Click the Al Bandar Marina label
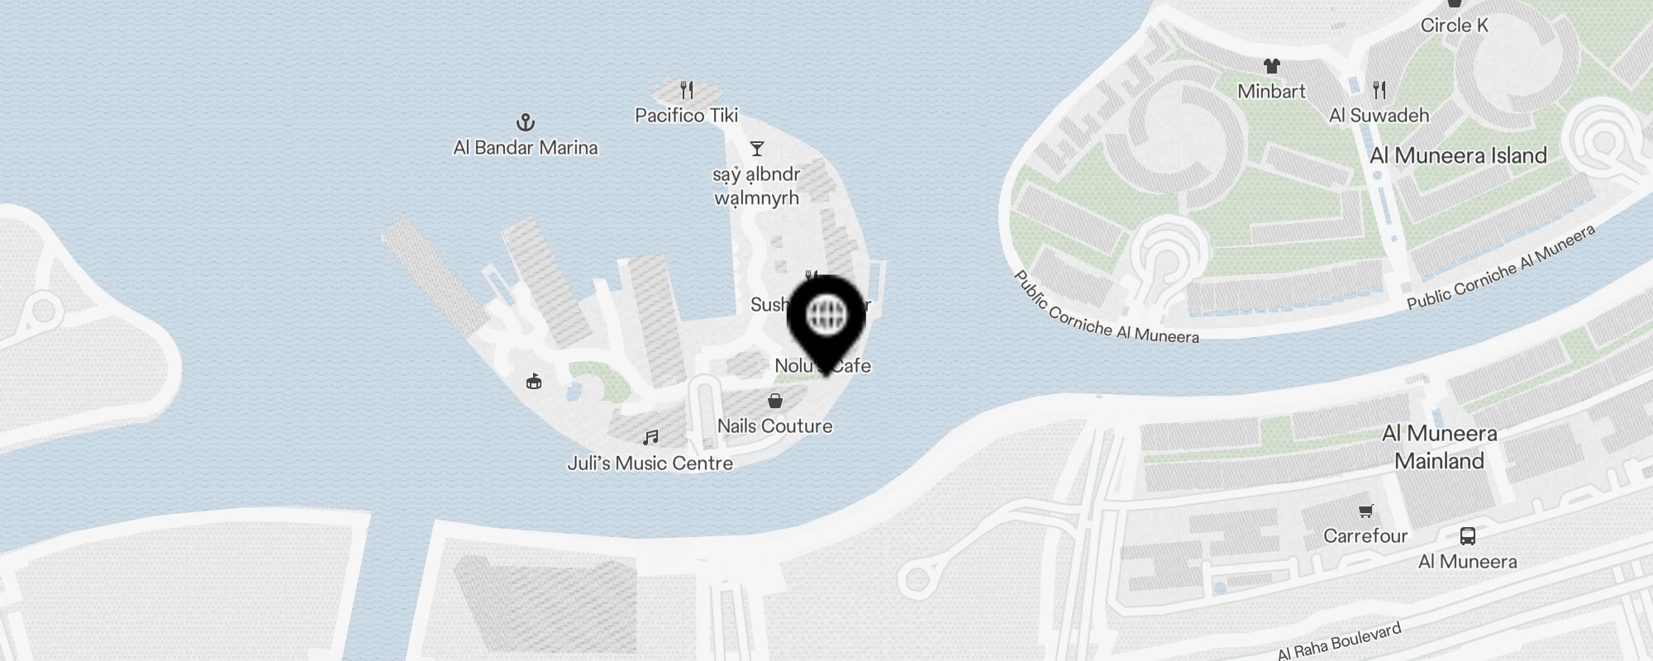pos(526,148)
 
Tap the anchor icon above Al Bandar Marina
pos(526,123)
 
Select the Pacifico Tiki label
pos(686,116)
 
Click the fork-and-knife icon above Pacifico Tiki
pos(687,89)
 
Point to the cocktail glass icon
pos(756,149)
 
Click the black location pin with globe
pos(826,318)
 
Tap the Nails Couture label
pos(774,426)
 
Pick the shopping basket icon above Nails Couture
pos(775,401)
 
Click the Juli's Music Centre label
pos(650,464)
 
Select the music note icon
pos(651,437)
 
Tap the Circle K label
pos(1454,26)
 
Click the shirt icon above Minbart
pos(1271,66)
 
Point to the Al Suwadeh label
pos(1379,116)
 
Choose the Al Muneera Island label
pos(1458,155)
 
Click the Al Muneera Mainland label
pos(1439,447)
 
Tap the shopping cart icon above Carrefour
pos(1365,511)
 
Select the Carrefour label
pos(1365,536)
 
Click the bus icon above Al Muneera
pos(1467,536)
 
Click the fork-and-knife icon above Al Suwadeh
pos(1379,89)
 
